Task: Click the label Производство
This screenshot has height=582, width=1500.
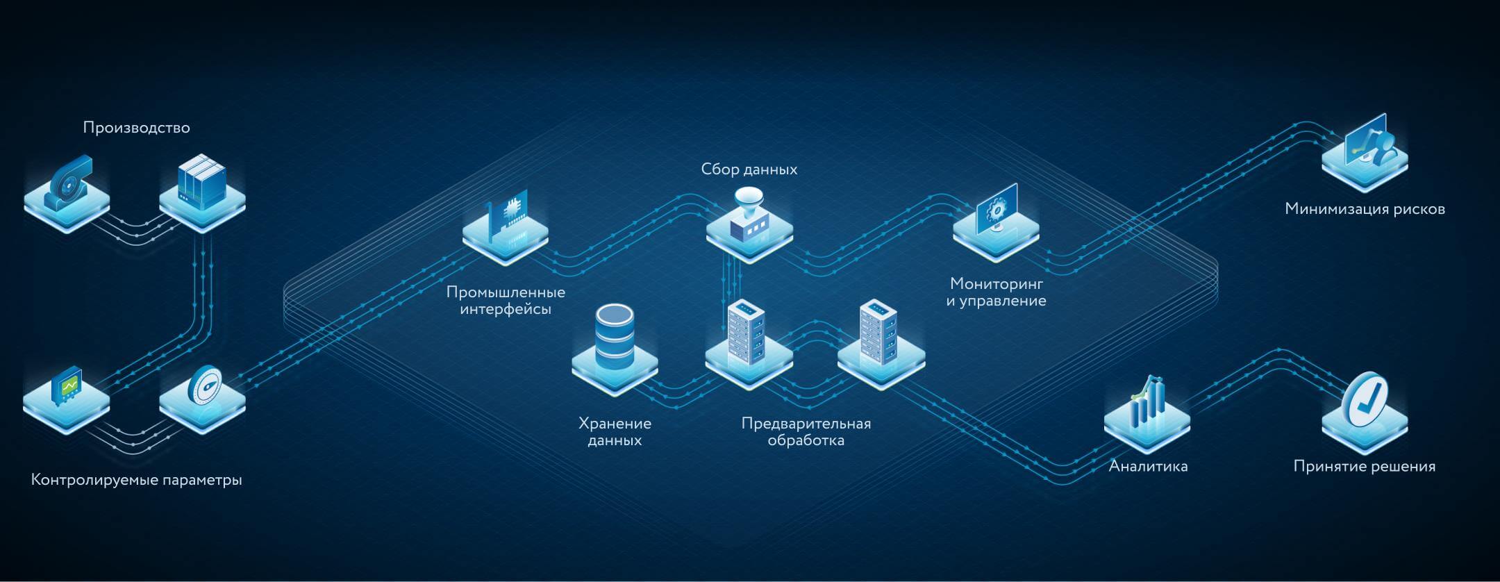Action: pos(136,128)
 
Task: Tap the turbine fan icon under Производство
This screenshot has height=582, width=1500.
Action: pos(68,183)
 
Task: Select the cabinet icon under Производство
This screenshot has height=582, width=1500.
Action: pos(201,182)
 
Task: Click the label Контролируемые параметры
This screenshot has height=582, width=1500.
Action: pos(137,480)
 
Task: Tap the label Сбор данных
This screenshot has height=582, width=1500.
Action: pos(749,169)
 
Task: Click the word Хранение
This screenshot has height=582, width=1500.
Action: pos(615,424)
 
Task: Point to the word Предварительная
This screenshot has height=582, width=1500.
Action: pos(806,424)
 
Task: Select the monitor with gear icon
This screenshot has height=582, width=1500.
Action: pos(997,208)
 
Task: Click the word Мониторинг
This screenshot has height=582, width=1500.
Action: pos(997,283)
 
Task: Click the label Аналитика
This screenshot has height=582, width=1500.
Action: pos(1148,467)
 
